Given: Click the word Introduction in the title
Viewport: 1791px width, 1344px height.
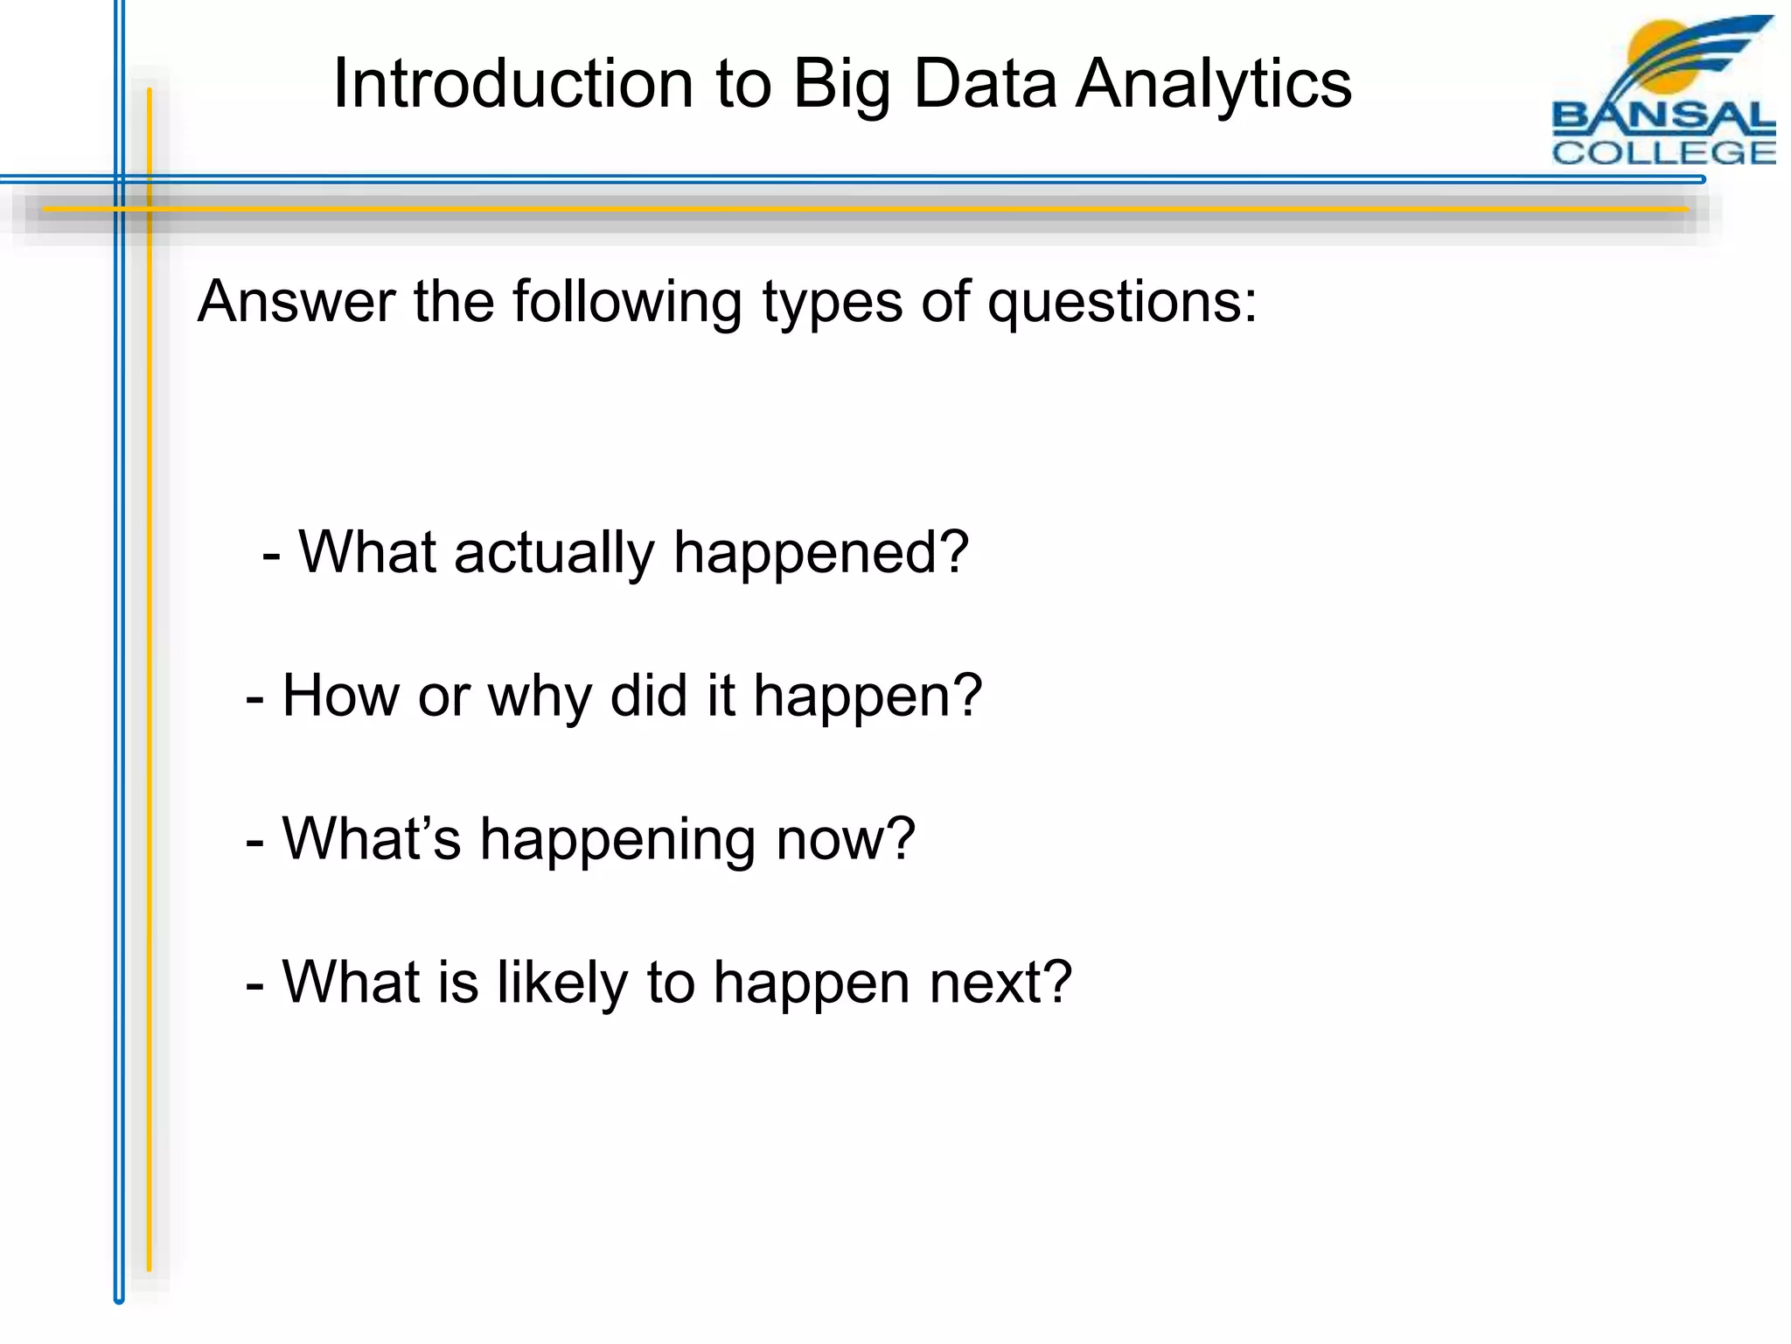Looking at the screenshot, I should pyautogui.click(x=513, y=84).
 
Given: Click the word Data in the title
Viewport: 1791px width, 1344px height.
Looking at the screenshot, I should pyautogui.click(x=985, y=84).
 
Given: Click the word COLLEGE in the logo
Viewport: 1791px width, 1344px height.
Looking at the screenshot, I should pyautogui.click(x=1663, y=153).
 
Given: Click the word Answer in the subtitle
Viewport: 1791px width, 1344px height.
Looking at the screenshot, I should pyautogui.click(x=296, y=302).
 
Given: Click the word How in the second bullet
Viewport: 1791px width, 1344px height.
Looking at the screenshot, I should pyautogui.click(x=340, y=696).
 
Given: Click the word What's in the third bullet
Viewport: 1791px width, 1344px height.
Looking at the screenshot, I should pyautogui.click(x=371, y=839).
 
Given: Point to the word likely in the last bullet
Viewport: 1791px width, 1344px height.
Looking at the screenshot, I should pyautogui.click(x=562, y=983).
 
